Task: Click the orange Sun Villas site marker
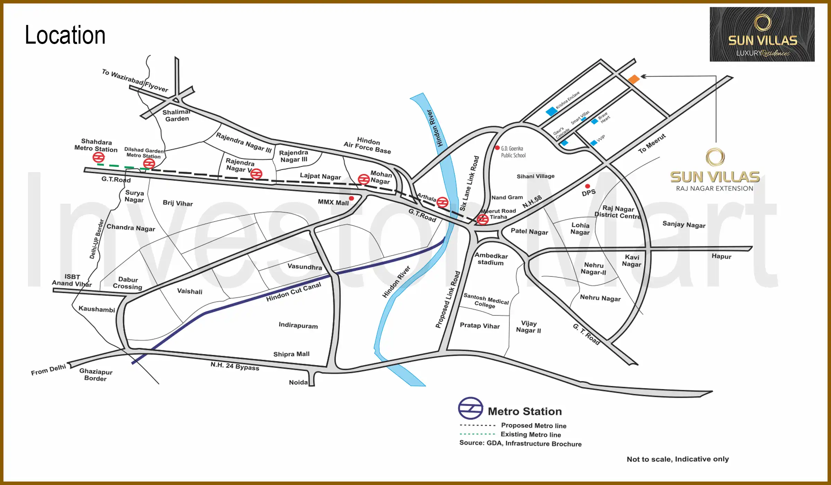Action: pyautogui.click(x=634, y=79)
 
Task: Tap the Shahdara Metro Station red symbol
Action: pyautogui.click(x=98, y=158)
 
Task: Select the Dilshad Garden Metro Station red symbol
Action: pyautogui.click(x=149, y=164)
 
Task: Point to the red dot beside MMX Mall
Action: pyautogui.click(x=351, y=198)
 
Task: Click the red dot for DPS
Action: pyautogui.click(x=588, y=186)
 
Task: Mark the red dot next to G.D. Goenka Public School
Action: pyautogui.click(x=497, y=148)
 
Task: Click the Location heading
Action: pyautogui.click(x=65, y=35)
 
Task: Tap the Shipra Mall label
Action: pyautogui.click(x=291, y=354)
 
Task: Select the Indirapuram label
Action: pyautogui.click(x=298, y=325)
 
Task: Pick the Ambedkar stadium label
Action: pyautogui.click(x=491, y=259)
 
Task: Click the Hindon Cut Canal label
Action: pyautogui.click(x=294, y=292)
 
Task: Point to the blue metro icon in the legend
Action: pyautogui.click(x=470, y=408)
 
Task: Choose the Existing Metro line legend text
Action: pyautogui.click(x=530, y=434)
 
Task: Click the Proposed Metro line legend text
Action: pyautogui.click(x=534, y=425)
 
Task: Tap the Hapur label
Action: pyautogui.click(x=721, y=256)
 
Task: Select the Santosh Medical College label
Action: pyautogui.click(x=486, y=300)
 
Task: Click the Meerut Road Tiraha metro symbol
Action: pyautogui.click(x=482, y=219)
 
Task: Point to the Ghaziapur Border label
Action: pyautogui.click(x=96, y=375)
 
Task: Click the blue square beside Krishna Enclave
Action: pyautogui.click(x=551, y=112)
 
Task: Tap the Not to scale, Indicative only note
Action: pyautogui.click(x=678, y=459)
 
